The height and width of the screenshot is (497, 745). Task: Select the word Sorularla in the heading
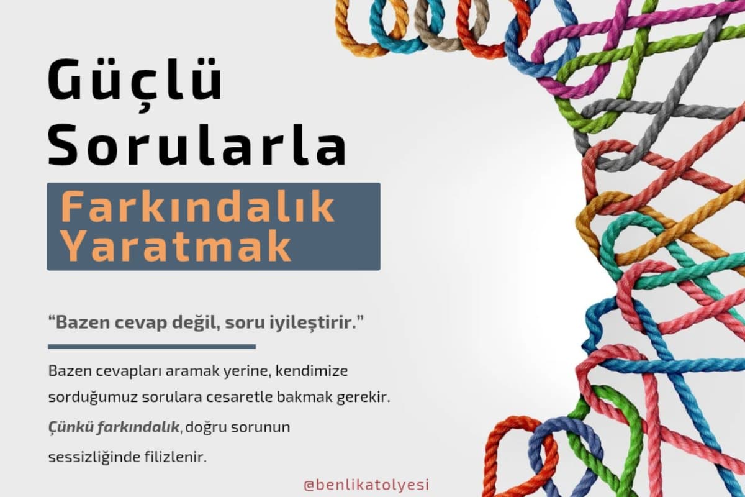pyautogui.click(x=197, y=147)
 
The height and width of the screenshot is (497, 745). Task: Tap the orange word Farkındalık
pyautogui.click(x=198, y=209)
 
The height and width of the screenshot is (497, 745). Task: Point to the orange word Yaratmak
pyautogui.click(x=176, y=247)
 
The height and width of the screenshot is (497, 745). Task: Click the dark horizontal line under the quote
pyautogui.click(x=151, y=346)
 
